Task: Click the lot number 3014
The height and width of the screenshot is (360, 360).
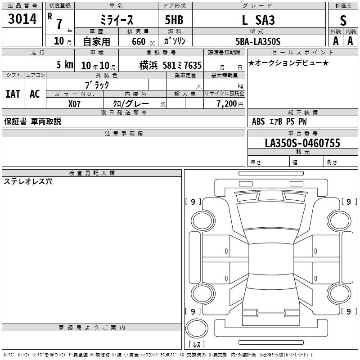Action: coord(22,19)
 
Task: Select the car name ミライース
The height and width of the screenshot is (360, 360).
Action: coord(117,20)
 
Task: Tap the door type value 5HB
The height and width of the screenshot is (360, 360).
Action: coord(174,20)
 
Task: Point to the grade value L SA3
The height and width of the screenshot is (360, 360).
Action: coord(258,20)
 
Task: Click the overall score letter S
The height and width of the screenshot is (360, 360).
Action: coord(343,20)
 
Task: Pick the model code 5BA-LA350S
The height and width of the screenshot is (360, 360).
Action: coord(258,41)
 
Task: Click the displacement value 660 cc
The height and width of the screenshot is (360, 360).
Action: coord(143,41)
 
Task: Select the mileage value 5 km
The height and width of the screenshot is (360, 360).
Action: coord(65,64)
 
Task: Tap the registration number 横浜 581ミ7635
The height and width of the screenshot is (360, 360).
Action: coord(171,65)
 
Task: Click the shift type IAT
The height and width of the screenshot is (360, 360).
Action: coord(13,94)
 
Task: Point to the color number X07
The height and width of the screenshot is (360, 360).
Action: coord(74,104)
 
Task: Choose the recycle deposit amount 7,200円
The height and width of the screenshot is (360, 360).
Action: coord(230,104)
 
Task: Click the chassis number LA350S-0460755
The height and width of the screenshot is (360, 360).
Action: coord(302,143)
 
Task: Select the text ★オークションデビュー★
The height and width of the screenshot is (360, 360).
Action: coord(288,63)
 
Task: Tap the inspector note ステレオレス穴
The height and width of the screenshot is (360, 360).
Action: coord(28,181)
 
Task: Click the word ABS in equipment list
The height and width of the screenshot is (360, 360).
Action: coord(258,121)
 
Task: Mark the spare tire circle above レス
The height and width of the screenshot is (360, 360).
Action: coord(197,328)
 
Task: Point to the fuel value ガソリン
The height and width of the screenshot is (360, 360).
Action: coord(175,41)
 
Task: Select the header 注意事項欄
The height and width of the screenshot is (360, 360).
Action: coord(124,133)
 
